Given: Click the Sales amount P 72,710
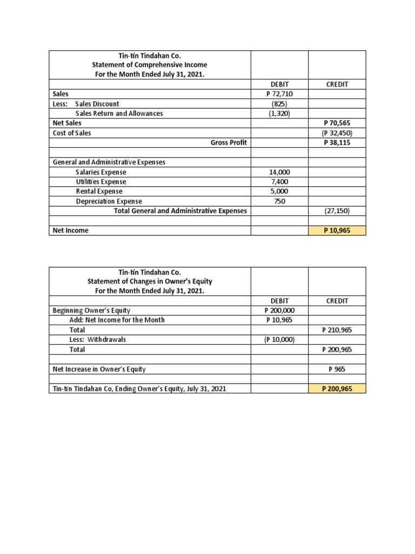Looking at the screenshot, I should (279, 94).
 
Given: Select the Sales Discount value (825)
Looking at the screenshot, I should (279, 103).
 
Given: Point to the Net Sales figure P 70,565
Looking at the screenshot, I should (337, 123).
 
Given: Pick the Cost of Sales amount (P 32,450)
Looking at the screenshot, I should (337, 133).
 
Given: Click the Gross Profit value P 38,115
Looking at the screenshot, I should (337, 142).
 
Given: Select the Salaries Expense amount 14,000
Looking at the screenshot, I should (279, 172).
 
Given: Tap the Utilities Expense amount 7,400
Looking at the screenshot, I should (279, 182).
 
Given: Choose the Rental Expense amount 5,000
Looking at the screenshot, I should (279, 192).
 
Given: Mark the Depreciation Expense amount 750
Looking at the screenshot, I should (279, 201).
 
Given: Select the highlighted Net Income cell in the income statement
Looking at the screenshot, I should (337, 230).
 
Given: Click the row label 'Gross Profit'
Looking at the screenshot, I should (229, 142).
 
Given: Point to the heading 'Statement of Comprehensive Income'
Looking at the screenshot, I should (150, 65).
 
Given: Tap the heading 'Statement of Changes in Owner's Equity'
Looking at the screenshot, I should (150, 281).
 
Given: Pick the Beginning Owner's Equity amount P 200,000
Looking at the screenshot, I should (279, 310).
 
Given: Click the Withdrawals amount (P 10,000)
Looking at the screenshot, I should (279, 340).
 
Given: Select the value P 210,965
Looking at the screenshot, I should (337, 329).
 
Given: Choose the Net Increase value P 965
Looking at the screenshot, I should (337, 369).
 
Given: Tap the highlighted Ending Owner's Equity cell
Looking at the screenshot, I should (337, 388).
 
